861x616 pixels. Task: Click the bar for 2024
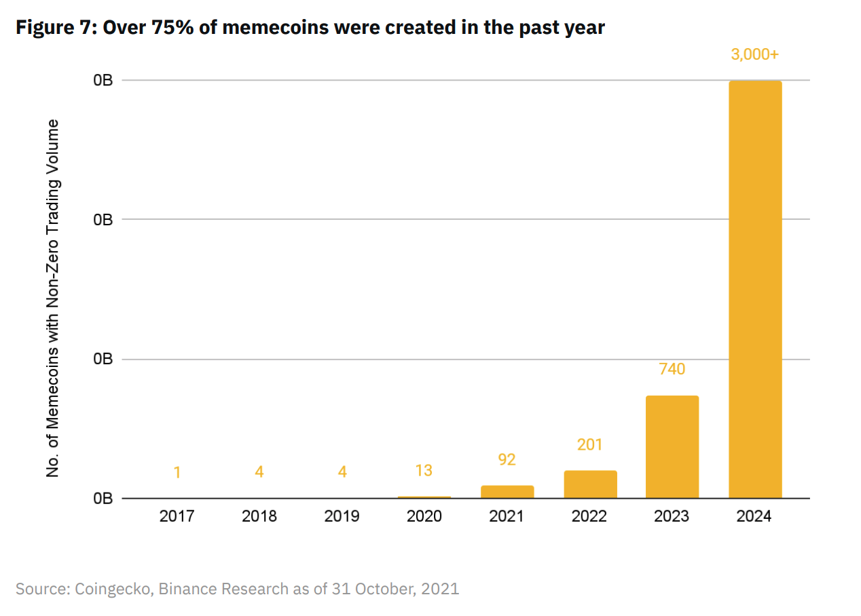(x=755, y=290)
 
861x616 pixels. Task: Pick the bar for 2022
(x=590, y=484)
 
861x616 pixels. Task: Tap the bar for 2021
(x=507, y=491)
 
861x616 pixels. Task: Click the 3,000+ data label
(x=754, y=55)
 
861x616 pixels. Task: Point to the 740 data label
(x=672, y=369)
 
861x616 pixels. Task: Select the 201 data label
(x=589, y=445)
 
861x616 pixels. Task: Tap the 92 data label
(x=507, y=459)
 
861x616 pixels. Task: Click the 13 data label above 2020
(x=424, y=471)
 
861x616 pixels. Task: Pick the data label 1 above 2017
(x=177, y=472)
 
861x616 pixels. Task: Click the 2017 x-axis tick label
(x=177, y=516)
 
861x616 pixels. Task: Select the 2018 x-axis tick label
(x=259, y=516)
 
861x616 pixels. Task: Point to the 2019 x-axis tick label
(x=342, y=516)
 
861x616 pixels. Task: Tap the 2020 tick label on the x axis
(x=424, y=516)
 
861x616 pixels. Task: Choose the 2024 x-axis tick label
(x=754, y=516)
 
